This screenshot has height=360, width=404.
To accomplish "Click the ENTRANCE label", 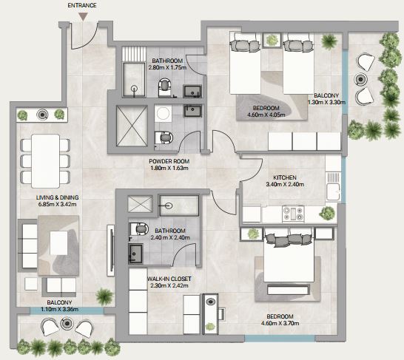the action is tap(82, 5).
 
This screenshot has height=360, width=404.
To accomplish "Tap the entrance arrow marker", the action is tap(83, 17).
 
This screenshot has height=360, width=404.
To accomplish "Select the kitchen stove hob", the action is tap(293, 214).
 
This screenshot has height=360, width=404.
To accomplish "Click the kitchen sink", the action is tap(333, 187).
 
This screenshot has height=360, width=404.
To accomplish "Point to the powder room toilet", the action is tap(164, 138).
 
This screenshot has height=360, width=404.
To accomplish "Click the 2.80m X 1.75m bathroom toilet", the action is tap(165, 88).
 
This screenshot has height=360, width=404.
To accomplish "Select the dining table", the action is tap(46, 161).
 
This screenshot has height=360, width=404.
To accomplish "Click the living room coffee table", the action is tap(58, 242).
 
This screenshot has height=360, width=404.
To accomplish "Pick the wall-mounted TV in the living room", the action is tap(111, 251).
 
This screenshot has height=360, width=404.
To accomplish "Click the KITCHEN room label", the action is tap(285, 177).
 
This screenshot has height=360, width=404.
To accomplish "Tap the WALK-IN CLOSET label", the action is tap(169, 279).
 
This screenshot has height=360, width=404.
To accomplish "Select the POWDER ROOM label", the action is tap(169, 161).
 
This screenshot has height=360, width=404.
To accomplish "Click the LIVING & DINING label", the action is tap(57, 197).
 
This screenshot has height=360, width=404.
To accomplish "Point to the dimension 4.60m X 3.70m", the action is tap(280, 323).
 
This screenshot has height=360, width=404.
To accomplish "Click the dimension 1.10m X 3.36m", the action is tap(59, 309).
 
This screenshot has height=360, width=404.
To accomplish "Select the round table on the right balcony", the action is tap(360, 79).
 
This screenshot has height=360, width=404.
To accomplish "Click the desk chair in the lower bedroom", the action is tap(222, 314).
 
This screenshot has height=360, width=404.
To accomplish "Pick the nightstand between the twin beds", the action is tap(272, 40).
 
